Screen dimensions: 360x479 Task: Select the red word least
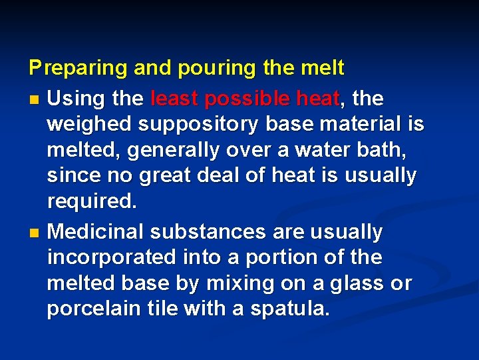176,99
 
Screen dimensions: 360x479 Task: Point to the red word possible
247,99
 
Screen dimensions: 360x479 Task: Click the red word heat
317,99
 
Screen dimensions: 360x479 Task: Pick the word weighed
85,125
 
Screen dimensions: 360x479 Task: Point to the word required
90,201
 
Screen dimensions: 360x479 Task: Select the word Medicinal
96,232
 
